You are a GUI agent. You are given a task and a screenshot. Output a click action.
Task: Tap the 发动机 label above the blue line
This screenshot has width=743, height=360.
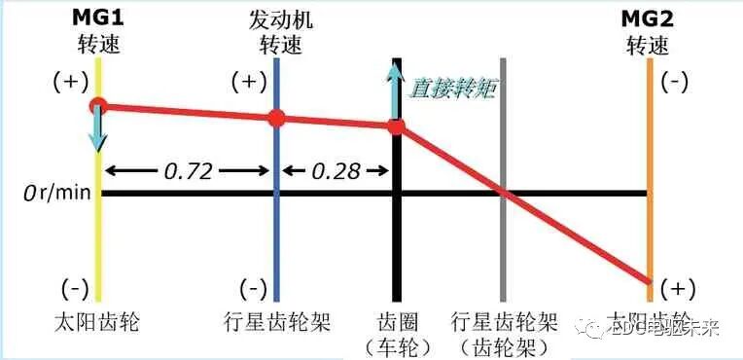pyautogui.click(x=280, y=19)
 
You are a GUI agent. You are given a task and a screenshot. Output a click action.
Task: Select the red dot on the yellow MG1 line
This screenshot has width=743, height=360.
pyautogui.click(x=98, y=106)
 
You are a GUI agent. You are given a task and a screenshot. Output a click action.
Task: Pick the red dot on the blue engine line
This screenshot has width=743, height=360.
pyautogui.click(x=277, y=119)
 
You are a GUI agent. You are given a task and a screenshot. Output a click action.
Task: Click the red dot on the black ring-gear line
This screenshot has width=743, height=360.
pyautogui.click(x=396, y=126)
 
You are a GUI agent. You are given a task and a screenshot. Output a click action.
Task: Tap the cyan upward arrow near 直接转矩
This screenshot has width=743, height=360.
pyautogui.click(x=395, y=92)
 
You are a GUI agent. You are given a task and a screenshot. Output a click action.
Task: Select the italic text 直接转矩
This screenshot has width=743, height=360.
pyautogui.click(x=451, y=88)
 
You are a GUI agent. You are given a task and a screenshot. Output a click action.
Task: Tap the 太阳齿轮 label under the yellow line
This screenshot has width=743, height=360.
pyautogui.click(x=98, y=322)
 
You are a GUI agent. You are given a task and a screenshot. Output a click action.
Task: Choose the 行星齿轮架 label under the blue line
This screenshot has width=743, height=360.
pyautogui.click(x=278, y=322)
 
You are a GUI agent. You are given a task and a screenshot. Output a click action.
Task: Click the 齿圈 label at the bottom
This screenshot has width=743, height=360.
pyautogui.click(x=395, y=322)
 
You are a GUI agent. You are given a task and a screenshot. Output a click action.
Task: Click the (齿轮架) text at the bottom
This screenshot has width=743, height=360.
pyautogui.click(x=504, y=345)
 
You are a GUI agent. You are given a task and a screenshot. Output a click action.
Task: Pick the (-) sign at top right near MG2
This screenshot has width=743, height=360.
pyautogui.click(x=674, y=83)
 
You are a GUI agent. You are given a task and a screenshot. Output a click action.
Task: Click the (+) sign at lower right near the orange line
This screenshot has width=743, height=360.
pyautogui.click(x=674, y=289)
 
